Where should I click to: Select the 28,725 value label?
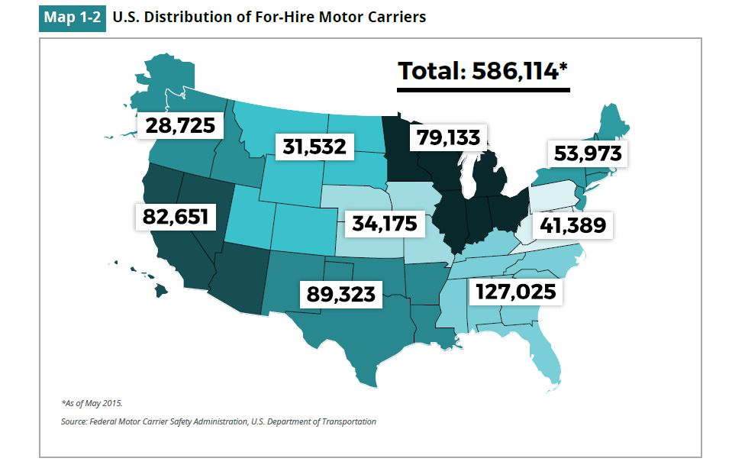pos(180,125)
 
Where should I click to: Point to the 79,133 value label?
pos(449,137)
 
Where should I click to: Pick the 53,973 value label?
pos(587,154)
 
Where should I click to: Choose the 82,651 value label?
pos(175,216)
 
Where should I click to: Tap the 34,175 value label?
pos(384,224)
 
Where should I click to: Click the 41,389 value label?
pos(572,224)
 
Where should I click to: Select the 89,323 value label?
pos(341,293)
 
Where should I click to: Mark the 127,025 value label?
pos(515,292)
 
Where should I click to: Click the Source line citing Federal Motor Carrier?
pos(218,421)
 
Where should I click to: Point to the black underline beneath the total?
pos(483,89)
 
